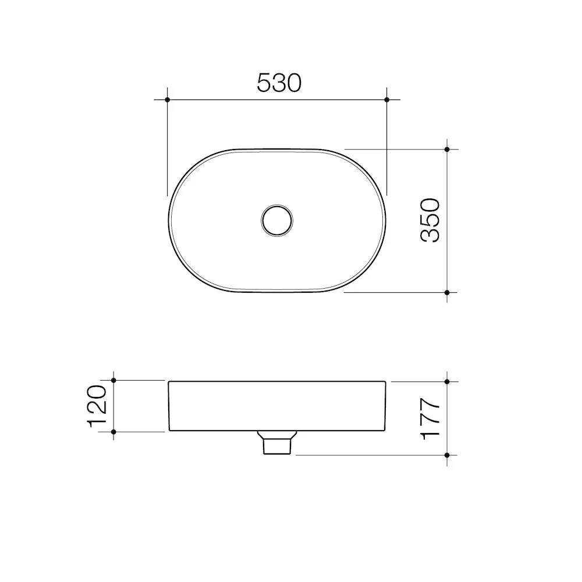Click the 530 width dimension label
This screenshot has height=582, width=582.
click(279, 83)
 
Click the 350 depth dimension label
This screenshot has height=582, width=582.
click(430, 221)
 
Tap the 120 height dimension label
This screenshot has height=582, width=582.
click(97, 406)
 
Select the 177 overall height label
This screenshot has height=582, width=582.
click(430, 419)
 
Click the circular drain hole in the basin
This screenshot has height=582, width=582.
click(277, 221)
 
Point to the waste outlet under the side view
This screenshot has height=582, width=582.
click(277, 442)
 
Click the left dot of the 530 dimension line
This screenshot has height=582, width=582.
click(168, 100)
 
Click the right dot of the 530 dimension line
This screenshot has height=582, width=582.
click(387, 100)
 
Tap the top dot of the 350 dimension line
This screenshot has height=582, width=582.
click(447, 149)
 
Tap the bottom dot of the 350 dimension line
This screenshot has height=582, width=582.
click(447, 293)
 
